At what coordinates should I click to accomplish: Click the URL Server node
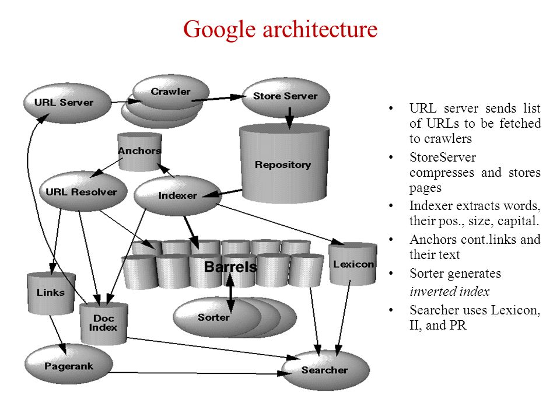[x=64, y=103]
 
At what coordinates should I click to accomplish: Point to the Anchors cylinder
[x=139, y=151]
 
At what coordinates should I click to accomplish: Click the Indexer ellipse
[x=177, y=195]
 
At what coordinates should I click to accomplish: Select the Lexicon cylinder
[x=353, y=264]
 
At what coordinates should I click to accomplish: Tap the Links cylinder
[x=51, y=292]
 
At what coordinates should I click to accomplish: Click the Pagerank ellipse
[x=69, y=366]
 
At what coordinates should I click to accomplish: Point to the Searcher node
[x=324, y=370]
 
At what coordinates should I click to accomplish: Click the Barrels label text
[x=230, y=267]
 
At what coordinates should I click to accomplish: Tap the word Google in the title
[x=219, y=29]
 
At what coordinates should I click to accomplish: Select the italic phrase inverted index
[x=449, y=292]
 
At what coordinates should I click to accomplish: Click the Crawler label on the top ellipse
[x=170, y=92]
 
